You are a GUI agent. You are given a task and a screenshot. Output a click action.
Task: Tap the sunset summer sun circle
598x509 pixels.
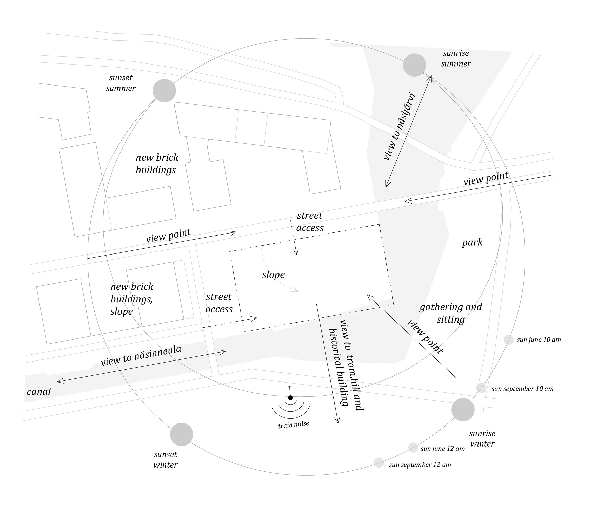click(x=164, y=91)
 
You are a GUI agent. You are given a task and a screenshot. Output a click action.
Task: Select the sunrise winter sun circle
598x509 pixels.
click(x=463, y=410)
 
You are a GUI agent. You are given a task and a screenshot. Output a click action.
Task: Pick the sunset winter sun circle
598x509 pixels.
click(x=181, y=434)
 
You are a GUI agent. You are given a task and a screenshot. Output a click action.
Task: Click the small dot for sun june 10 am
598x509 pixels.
click(x=509, y=340)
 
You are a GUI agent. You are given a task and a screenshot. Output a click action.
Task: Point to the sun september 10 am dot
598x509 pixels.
click(x=481, y=388)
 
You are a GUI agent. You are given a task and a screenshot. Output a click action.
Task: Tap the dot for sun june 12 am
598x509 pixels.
click(x=413, y=448)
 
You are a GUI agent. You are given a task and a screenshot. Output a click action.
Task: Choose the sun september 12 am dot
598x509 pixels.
click(x=379, y=462)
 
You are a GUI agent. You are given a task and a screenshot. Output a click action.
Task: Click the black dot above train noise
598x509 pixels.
click(x=290, y=398)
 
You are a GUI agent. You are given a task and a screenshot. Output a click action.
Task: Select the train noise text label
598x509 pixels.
click(x=293, y=425)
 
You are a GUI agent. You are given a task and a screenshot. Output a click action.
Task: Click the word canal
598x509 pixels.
click(x=39, y=392)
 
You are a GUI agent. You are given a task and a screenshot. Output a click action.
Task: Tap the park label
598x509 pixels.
click(x=472, y=242)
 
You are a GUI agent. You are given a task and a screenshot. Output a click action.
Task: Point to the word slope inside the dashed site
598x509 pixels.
click(x=273, y=275)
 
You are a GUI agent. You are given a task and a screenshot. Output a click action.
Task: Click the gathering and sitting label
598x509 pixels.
click(x=450, y=313)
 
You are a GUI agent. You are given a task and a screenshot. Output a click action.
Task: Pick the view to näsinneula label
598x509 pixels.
click(x=141, y=356)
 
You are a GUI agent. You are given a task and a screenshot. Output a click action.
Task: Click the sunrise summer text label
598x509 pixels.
click(x=456, y=58)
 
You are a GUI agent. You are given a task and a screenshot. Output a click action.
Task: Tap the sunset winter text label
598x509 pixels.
click(x=165, y=460)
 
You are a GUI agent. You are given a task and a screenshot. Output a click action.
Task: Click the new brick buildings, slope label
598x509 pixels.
click(x=132, y=299)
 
